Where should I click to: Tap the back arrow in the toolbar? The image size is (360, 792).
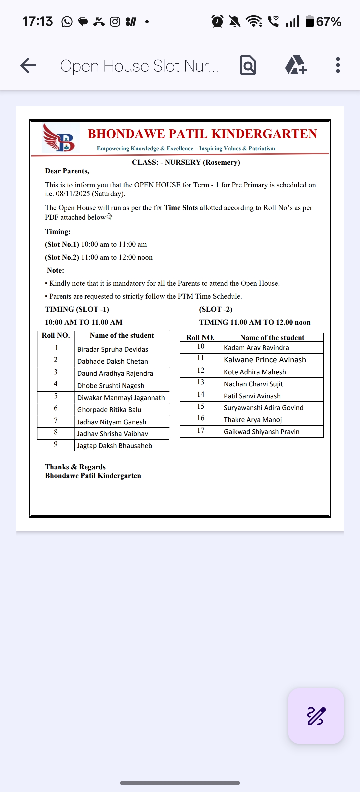coord(28,65)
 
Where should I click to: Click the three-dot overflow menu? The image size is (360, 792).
coord(338,65)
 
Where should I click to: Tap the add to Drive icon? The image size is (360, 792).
coord(296,65)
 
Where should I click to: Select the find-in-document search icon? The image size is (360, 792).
coord(248,65)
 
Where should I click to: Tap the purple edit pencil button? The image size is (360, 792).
coord(316,716)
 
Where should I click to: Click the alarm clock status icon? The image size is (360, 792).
coord(218,22)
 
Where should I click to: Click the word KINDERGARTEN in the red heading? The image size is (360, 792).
coord(264,134)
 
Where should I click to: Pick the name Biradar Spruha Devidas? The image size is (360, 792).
coord(113,349)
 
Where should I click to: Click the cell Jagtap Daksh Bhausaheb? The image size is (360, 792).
coord(115,446)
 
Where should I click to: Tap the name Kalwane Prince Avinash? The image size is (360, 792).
coord(265,360)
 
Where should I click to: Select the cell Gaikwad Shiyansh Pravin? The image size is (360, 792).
coord(262,432)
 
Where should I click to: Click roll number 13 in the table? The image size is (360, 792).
coord(201,382)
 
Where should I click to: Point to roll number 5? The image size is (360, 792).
coord(56,396)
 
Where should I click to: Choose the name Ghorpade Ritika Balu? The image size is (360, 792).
coord(109,410)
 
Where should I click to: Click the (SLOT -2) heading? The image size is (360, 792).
coord(216,309)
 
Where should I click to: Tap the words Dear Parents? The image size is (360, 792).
coord(67,171)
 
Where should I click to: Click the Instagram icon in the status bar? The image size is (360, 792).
coord(115,22)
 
